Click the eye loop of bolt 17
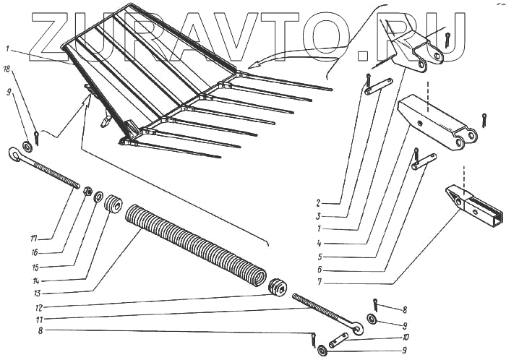[15, 153]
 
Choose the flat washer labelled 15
[99, 197]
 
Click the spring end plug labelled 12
[275, 287]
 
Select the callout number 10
[407, 336]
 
